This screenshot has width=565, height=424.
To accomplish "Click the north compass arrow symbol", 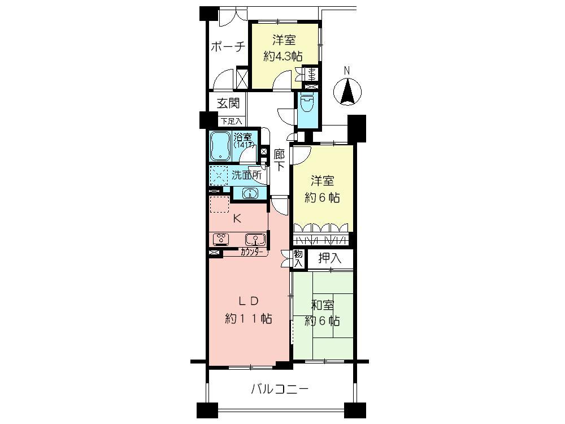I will [x=349, y=91].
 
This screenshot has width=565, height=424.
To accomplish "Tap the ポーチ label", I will [x=228, y=47].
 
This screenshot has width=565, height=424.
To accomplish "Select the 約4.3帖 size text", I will [x=282, y=57].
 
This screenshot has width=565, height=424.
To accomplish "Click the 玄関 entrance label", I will [x=229, y=103].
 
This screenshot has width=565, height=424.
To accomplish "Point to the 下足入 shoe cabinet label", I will [x=231, y=121].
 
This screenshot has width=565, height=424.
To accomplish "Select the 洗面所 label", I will [x=247, y=175].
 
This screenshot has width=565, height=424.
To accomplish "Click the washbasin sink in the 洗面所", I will [x=249, y=194].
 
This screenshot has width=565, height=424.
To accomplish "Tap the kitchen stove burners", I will [x=220, y=239].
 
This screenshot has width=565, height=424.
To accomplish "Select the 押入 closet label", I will [x=329, y=259].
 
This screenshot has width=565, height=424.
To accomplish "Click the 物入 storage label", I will [x=298, y=258].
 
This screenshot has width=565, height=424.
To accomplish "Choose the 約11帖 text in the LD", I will [x=249, y=319].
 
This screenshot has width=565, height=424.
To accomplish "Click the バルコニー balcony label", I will [x=279, y=389].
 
